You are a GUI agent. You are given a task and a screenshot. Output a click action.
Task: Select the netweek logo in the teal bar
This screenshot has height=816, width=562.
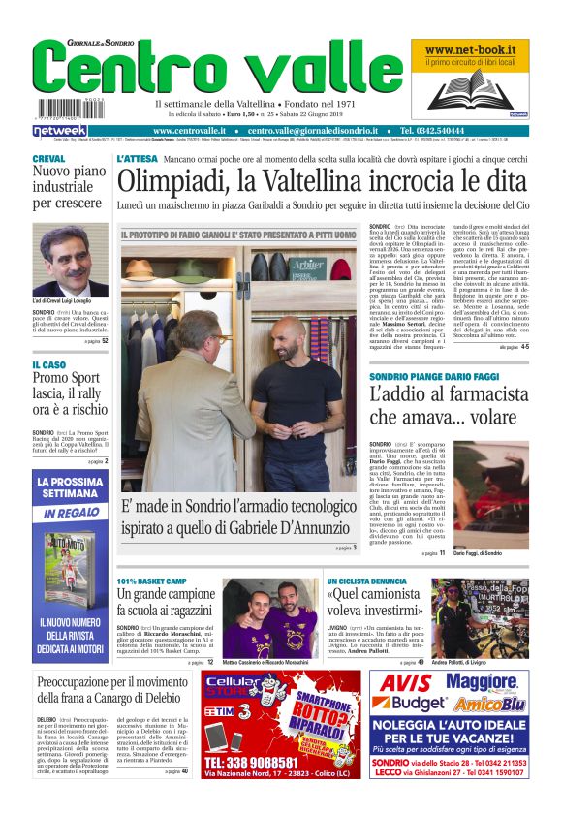(x=60, y=130)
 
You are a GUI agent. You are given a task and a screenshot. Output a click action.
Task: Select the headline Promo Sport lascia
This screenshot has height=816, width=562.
(x=70, y=393)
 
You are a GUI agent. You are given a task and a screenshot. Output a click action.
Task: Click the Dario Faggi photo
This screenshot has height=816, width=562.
(x=491, y=494)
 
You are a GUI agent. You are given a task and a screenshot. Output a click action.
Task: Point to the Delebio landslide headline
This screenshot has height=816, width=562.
(x=114, y=690)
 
